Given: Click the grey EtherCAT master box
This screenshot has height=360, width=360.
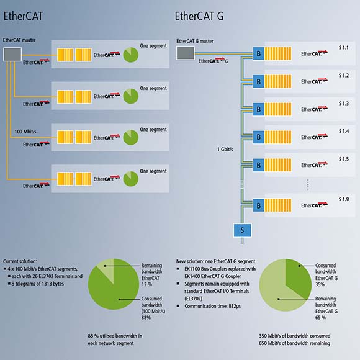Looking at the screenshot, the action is point(12,55).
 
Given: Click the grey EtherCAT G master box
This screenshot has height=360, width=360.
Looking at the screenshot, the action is point(186,53).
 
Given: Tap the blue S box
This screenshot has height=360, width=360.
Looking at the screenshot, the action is point(243,230).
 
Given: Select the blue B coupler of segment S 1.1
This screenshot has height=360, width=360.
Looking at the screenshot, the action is point(259,53).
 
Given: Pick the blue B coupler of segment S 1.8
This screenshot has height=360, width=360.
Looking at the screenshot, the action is point(259,205).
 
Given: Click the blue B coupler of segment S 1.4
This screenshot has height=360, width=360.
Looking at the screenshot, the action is point(259,137).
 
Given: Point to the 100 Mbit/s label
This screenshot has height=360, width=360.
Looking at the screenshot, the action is point(25,132).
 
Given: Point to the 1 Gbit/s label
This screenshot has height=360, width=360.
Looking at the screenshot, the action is point(225,150).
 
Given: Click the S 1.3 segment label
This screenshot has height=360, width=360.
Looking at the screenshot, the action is point(344,104).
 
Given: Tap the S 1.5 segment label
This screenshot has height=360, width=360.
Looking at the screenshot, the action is point(344,159).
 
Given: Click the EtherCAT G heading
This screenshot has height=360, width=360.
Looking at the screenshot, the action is point(199,16).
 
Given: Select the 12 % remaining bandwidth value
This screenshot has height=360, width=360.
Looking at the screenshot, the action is point(146,284).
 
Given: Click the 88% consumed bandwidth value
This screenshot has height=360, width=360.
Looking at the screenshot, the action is point(146,318).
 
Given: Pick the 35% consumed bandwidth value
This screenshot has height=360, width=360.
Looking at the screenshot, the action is point(320,284).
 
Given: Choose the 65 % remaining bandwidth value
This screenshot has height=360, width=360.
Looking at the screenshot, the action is point(320,318).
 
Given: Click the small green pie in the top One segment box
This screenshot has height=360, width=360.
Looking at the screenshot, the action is point(131,55).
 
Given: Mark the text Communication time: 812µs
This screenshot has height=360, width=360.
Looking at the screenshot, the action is point(213,306).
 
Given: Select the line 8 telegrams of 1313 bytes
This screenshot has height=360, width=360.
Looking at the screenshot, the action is point(38,284).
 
